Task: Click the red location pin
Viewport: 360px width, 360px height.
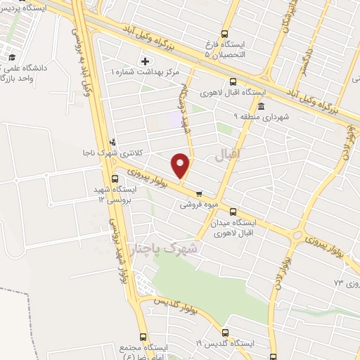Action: (181, 165)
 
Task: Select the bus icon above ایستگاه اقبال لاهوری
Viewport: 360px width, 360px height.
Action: (214, 82)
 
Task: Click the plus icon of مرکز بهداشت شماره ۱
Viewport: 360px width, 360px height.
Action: (146, 60)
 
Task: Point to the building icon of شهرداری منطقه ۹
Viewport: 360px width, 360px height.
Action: (261, 107)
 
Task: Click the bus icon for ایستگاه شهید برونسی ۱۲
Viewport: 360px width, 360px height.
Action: (115, 179)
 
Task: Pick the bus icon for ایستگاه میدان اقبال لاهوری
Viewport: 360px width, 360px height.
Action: (232, 210)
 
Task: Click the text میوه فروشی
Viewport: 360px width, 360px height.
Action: (195, 205)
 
